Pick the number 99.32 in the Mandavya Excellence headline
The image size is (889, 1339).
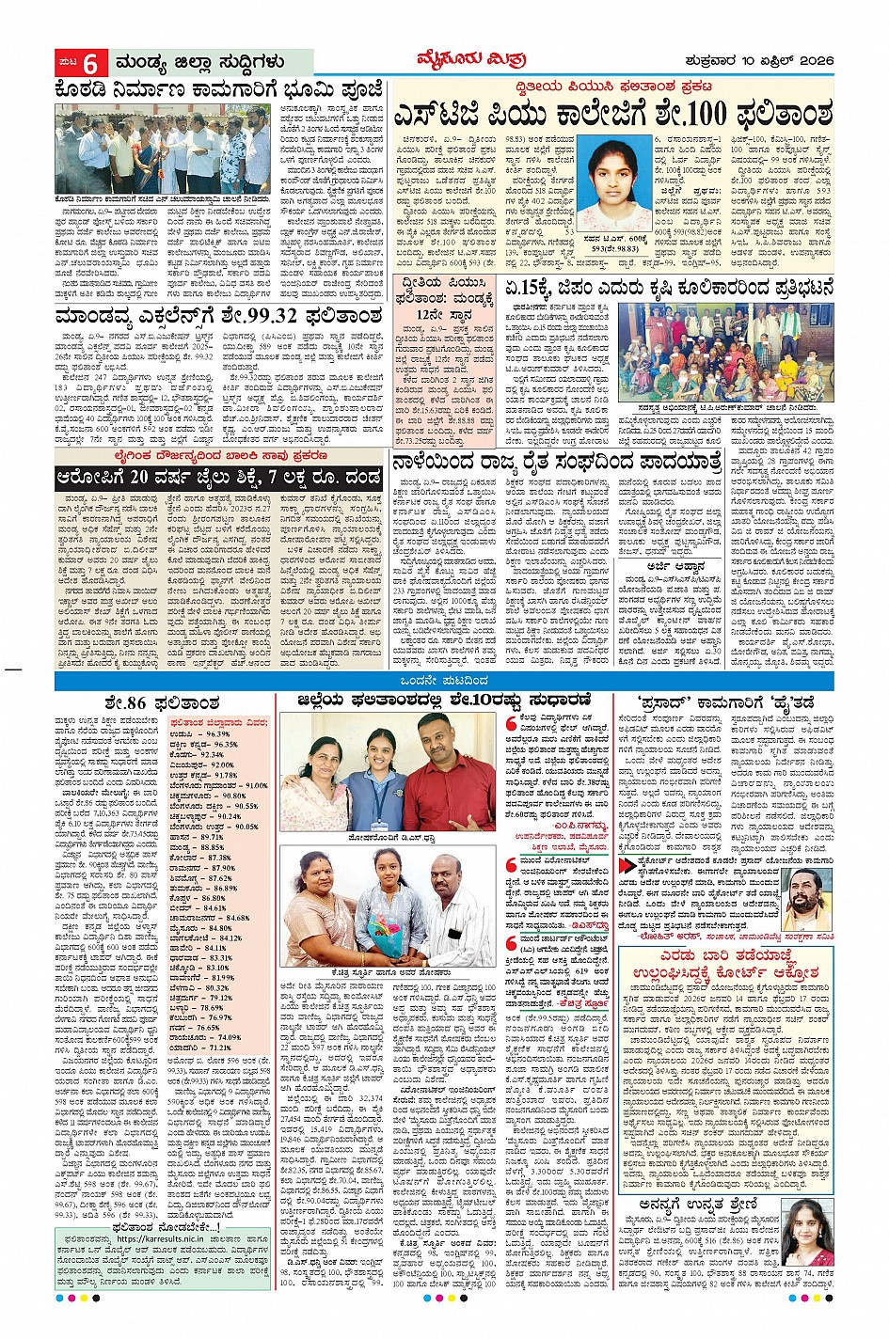point(270,316)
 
